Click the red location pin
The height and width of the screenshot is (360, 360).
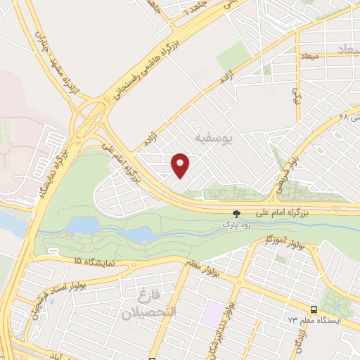click(181, 165)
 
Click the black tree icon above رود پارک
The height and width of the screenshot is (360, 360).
click(236, 213)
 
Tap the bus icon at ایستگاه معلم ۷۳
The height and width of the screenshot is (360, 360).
click(313, 309)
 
